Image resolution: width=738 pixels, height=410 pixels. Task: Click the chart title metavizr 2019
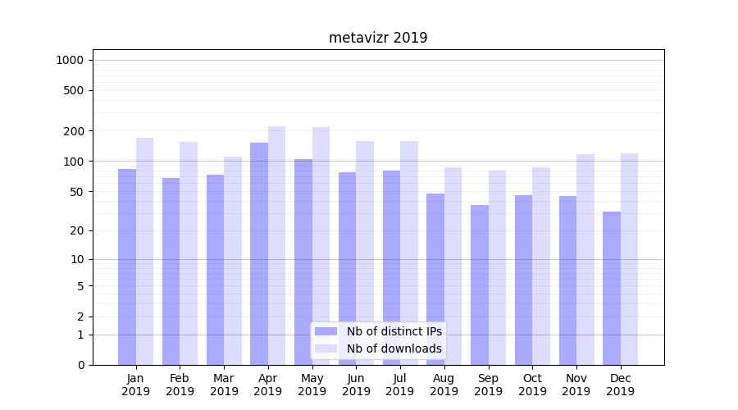(378, 38)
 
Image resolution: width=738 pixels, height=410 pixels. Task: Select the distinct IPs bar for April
(259, 253)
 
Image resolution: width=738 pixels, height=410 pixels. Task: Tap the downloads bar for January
(145, 251)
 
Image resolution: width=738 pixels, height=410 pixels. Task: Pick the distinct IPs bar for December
(612, 288)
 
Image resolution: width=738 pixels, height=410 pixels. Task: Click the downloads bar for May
(321, 246)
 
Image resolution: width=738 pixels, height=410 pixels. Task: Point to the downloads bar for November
(585, 259)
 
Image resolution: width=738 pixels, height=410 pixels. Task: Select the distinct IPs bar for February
(171, 271)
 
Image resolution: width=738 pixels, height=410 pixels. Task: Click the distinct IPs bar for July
(391, 267)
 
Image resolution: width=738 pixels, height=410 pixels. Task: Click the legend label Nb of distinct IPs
(394, 331)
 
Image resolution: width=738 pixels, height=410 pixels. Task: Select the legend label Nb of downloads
(394, 348)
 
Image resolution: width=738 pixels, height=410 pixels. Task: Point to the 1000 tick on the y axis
(70, 60)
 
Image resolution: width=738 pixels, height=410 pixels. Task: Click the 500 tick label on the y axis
(74, 90)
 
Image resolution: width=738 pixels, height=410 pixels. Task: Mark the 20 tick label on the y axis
(77, 230)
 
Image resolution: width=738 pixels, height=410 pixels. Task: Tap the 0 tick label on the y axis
(80, 365)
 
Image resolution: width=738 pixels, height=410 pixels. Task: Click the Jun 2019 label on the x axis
(356, 385)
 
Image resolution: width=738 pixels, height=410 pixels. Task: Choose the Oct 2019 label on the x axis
(532, 385)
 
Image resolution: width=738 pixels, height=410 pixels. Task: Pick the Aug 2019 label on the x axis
(444, 385)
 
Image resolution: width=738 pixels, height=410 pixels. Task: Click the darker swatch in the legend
(326, 331)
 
